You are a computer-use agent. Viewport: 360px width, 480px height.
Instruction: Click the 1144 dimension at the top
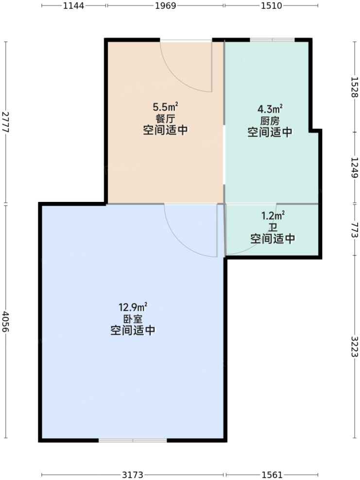[x=74, y=6]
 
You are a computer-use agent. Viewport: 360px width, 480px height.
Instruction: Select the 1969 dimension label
[x=166, y=6]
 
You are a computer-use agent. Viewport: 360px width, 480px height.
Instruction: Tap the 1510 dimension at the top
[x=272, y=6]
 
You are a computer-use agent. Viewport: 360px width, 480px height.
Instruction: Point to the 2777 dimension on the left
[x=5, y=122]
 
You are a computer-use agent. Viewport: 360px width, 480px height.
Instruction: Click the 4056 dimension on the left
[x=5, y=322]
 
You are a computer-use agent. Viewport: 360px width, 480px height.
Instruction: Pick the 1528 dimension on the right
[x=355, y=87]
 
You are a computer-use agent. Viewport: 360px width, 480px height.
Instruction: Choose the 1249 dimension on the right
[x=355, y=167]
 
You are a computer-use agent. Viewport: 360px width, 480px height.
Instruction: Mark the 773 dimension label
[x=355, y=231]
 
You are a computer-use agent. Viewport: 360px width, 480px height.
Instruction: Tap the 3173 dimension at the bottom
[x=133, y=474]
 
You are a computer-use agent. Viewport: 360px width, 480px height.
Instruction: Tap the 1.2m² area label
[x=273, y=215]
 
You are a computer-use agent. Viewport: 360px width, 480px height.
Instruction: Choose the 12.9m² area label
[x=133, y=307]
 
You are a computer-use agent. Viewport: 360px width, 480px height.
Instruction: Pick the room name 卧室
[x=133, y=319]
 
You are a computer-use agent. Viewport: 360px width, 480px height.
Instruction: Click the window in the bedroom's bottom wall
[x=133, y=440]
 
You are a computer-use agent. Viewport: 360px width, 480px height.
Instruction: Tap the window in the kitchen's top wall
[x=272, y=39]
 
